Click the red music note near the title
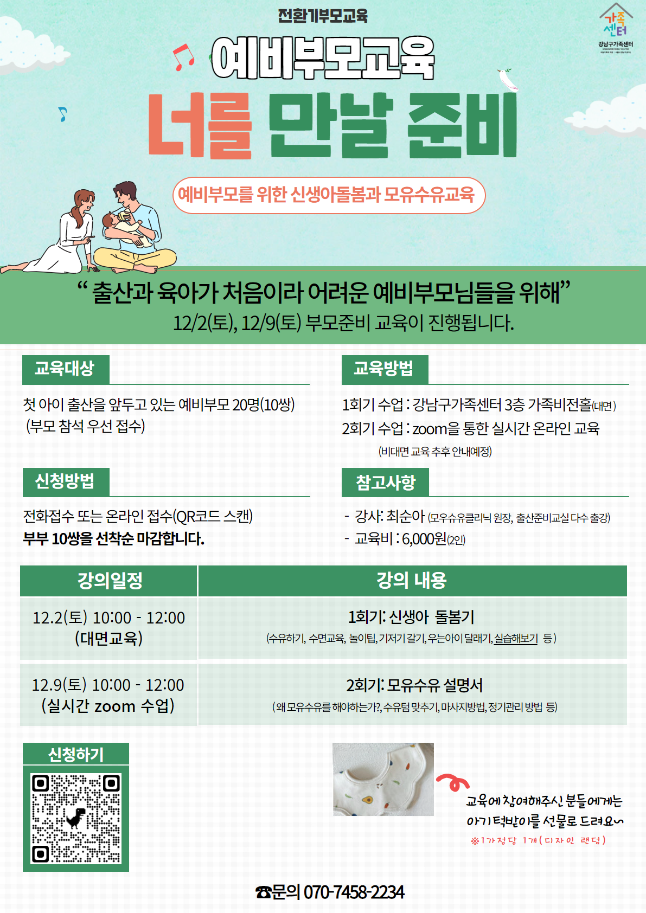[x=183, y=57]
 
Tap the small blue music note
[x=62, y=114]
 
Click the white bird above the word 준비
[x=507, y=80]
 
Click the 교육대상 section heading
[x=66, y=369]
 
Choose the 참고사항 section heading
[x=386, y=482]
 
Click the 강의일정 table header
[x=108, y=581]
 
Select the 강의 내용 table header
[x=412, y=581]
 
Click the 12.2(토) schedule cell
[x=108, y=628]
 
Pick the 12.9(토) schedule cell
[x=108, y=696]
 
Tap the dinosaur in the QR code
[x=76, y=818]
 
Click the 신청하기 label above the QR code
[x=76, y=755]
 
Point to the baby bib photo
[x=383, y=779]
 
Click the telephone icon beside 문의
[x=263, y=892]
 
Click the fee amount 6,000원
[x=424, y=539]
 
